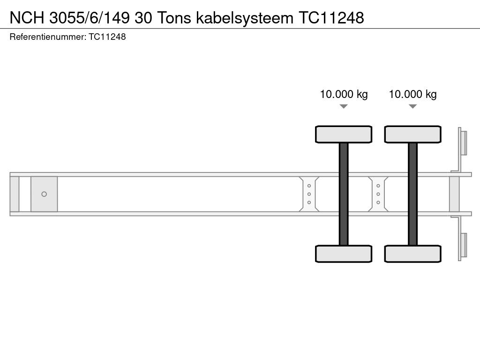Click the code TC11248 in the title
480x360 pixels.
331,17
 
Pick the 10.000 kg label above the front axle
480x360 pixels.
344,94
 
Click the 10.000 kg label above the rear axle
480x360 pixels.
412,94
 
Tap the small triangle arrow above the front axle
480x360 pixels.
344,106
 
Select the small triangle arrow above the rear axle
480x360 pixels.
412,106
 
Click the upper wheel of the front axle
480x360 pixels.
344,134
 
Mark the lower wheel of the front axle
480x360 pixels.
344,254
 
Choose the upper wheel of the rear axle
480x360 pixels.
412,134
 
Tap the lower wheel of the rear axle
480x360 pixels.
412,254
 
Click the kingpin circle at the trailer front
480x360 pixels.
44,194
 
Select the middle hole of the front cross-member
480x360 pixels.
309,194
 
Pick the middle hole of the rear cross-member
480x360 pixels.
378,194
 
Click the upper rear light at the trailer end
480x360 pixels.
463,142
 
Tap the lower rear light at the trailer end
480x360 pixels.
463,246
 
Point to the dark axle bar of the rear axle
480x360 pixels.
412,194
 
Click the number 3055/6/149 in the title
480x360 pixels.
91,17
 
